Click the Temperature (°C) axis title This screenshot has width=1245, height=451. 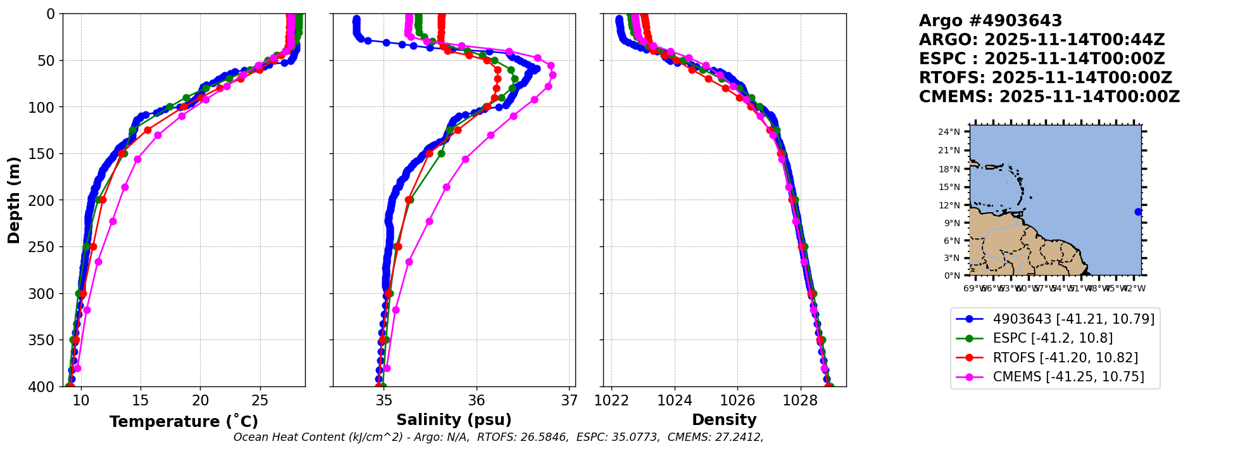[184, 422]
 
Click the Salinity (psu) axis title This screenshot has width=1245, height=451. [454, 420]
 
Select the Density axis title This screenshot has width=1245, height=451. [724, 420]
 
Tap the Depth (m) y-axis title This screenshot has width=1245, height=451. [14, 200]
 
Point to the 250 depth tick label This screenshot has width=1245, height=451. [42, 247]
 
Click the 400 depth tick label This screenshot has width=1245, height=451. [42, 387]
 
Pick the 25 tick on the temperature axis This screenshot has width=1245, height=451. [260, 400]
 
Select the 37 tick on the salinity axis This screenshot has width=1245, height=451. [570, 400]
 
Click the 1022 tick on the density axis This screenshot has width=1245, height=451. [612, 400]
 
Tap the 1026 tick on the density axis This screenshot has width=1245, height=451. [737, 400]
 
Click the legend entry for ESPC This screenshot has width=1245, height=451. [1053, 338]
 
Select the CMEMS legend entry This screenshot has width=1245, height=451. [1068, 377]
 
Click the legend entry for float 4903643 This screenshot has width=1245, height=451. [1073, 319]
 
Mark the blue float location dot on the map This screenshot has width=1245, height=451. [1138, 212]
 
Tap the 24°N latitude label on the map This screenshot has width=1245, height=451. [949, 132]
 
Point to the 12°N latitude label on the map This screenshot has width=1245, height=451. [949, 205]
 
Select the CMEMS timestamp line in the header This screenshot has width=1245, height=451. [1049, 97]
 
